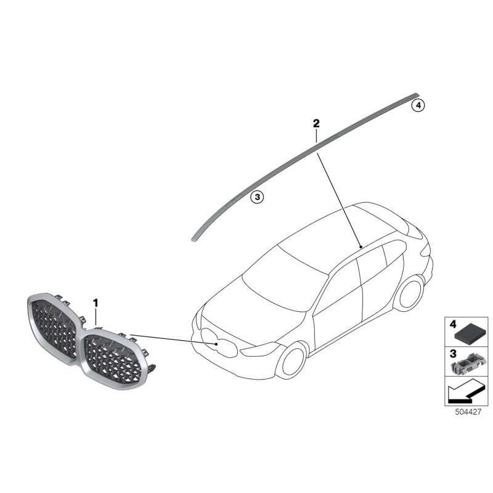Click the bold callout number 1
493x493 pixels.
click(x=96, y=303)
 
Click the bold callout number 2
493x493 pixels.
click(x=316, y=124)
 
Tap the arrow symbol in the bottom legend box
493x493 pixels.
click(x=462, y=391)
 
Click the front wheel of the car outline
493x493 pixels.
click(x=290, y=360)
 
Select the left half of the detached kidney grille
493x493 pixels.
click(x=54, y=330)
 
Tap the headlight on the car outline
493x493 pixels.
click(x=259, y=351)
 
